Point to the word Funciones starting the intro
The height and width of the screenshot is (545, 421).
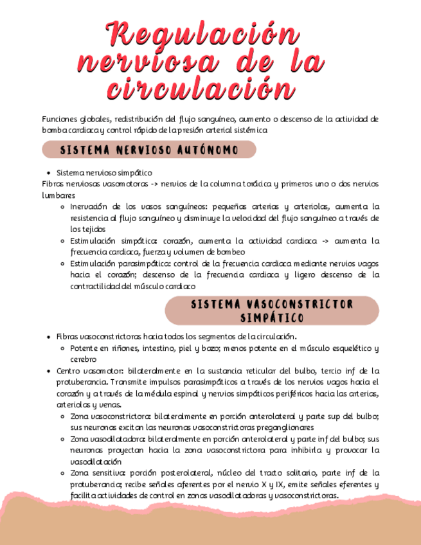pyautogui.click(x=60, y=119)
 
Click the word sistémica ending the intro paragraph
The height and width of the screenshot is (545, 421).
pyautogui.click(x=247, y=130)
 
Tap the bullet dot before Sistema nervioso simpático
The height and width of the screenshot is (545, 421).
pyautogui.click(x=49, y=174)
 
